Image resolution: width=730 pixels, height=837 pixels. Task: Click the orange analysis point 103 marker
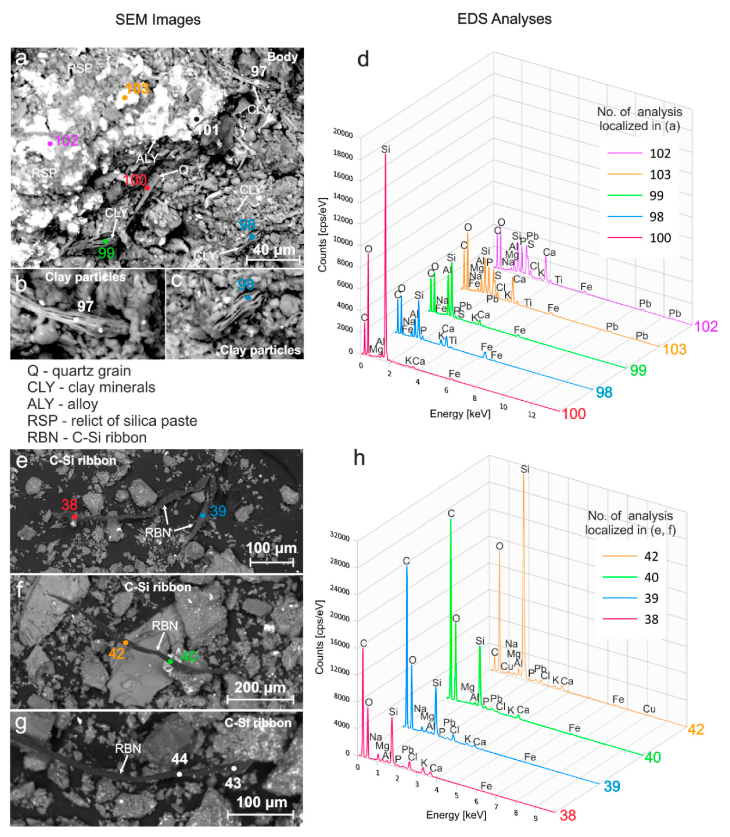(x=125, y=98)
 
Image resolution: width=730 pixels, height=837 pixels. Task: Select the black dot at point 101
(x=197, y=119)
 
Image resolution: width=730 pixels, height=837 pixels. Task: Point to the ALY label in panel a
(x=147, y=159)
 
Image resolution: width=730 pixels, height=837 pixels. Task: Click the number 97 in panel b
(x=86, y=306)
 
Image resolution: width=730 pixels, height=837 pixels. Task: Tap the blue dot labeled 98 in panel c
(x=248, y=298)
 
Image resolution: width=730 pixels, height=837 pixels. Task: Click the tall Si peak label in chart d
(x=385, y=150)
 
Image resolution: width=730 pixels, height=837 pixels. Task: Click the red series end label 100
(x=574, y=414)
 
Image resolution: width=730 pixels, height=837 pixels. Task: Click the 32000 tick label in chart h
(x=339, y=537)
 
